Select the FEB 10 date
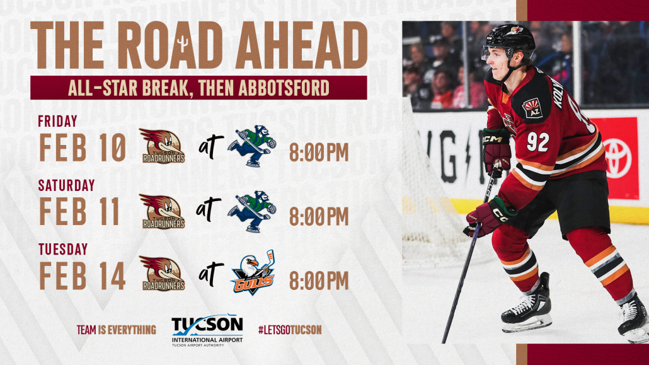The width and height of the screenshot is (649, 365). (83, 148)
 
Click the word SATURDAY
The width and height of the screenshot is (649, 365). (66, 185)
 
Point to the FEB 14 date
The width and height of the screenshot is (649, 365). (83, 275)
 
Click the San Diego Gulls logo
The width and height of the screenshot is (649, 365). (253, 272)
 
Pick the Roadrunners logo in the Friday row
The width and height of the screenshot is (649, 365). (163, 146)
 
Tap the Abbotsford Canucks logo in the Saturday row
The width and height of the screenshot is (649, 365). (252, 211)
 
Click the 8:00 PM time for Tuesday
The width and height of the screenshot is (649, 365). (319, 281)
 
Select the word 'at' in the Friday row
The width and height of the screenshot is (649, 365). (210, 146)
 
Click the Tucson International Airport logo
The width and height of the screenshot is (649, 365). (207, 330)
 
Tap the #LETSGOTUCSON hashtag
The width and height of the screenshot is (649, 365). (290, 330)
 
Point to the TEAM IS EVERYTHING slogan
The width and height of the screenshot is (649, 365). (117, 330)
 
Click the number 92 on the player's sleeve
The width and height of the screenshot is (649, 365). (537, 142)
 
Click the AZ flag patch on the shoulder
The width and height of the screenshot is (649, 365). (532, 108)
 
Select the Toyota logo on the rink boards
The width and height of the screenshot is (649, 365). (617, 158)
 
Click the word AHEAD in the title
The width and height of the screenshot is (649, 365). (301, 45)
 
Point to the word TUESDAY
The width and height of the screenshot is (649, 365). (63, 250)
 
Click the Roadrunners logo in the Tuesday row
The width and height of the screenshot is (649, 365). (163, 274)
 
